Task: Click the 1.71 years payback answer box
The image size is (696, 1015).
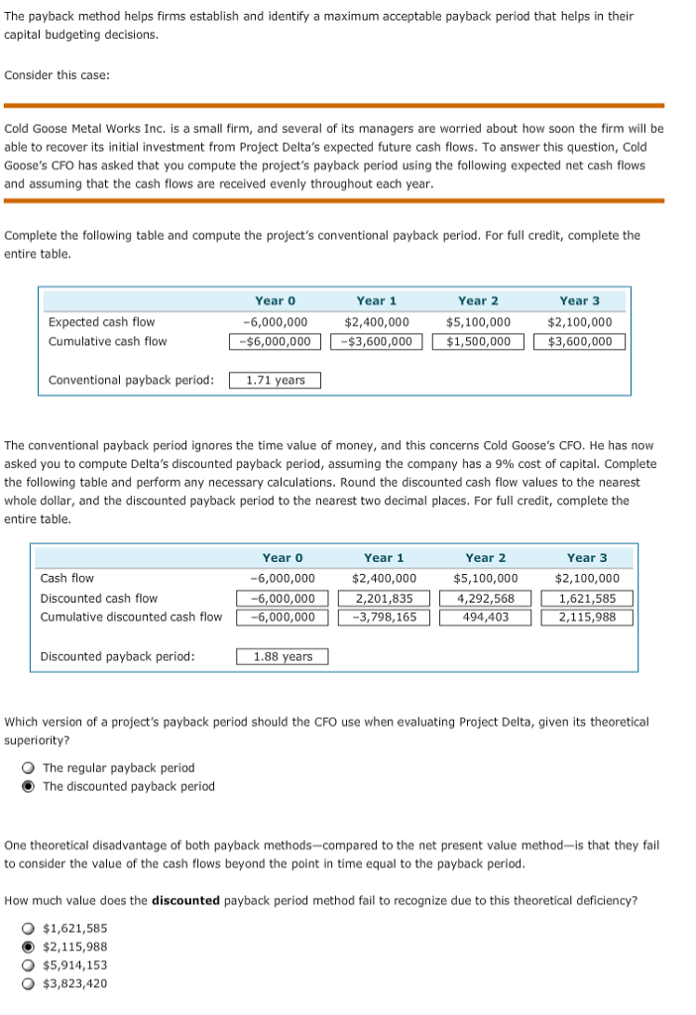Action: click(x=276, y=381)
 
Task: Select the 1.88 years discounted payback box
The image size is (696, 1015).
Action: click(x=283, y=656)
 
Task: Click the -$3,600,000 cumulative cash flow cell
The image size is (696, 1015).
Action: click(x=377, y=342)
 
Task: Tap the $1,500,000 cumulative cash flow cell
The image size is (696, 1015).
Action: click(x=478, y=342)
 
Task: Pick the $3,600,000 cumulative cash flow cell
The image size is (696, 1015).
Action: click(x=580, y=342)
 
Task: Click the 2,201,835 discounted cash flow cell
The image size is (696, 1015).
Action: click(x=384, y=598)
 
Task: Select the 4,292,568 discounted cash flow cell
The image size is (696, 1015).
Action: click(x=485, y=598)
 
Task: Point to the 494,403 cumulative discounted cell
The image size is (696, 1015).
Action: click(x=485, y=617)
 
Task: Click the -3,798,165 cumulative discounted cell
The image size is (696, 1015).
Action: click(x=384, y=617)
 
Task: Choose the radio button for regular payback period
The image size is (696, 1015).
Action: click(x=30, y=768)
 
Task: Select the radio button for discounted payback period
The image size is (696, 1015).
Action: click(x=30, y=787)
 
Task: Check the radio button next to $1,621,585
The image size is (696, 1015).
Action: click(x=30, y=928)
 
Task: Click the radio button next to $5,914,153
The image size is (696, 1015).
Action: click(x=30, y=965)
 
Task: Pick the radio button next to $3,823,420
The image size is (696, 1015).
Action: click(x=30, y=984)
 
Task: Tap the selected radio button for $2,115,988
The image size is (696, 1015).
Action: click(x=30, y=947)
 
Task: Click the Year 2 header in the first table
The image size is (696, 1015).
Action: click(x=478, y=300)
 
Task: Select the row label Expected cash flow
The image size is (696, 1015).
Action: click(x=101, y=322)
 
